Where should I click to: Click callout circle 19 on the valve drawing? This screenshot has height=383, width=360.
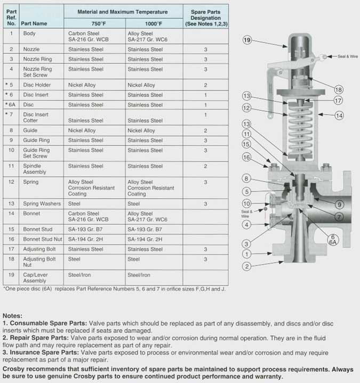coord(247,40)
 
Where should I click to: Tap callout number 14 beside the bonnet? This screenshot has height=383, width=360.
coord(339,115)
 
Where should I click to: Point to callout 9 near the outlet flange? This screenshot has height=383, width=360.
coord(339,203)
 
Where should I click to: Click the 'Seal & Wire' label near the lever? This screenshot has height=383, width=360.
coord(341,56)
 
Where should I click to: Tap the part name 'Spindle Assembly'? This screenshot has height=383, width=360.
coord(35,169)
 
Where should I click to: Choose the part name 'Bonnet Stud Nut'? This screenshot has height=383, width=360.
coord(43,239)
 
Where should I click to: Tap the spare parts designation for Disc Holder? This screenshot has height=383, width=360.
coord(205,85)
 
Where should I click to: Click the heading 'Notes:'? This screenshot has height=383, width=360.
coord(12,315)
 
